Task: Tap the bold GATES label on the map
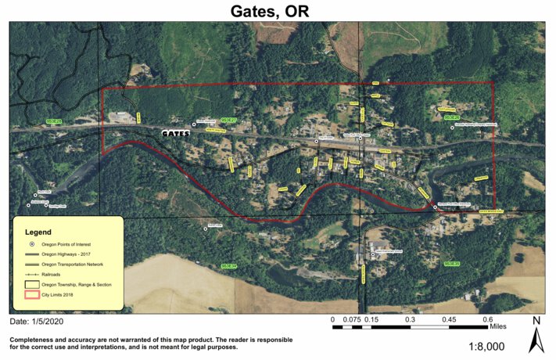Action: point(175,135)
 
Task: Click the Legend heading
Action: point(38,232)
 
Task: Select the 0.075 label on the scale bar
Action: point(351,319)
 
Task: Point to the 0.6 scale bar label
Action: point(487,319)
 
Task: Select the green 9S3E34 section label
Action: point(229,266)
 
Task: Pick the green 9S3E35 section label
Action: point(451,265)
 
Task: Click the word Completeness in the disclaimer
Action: point(35,339)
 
